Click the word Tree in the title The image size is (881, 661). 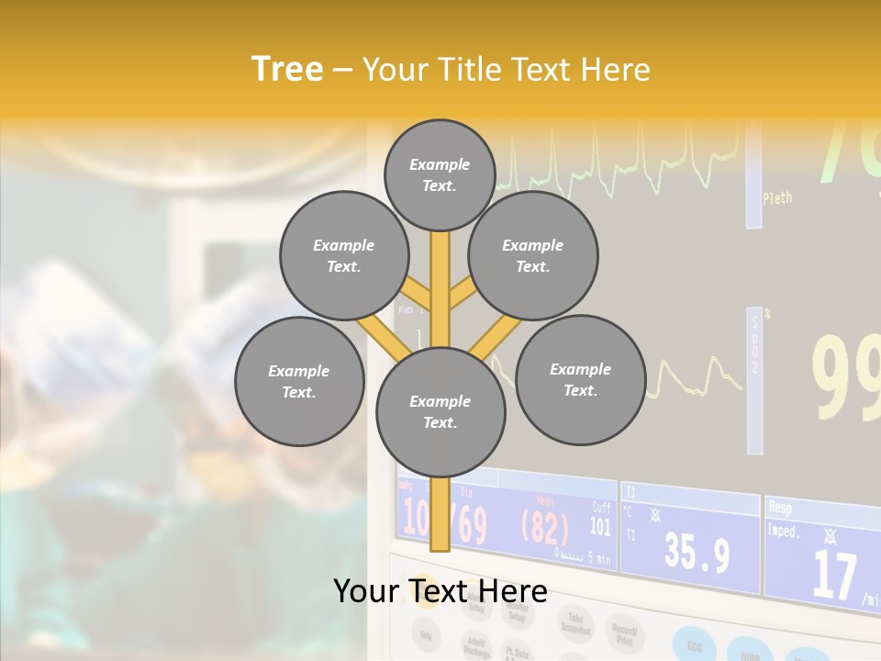click(x=287, y=69)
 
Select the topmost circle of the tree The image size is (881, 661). click(x=440, y=174)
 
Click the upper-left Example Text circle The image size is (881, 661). click(x=343, y=256)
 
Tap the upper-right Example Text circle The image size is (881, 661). click(x=533, y=256)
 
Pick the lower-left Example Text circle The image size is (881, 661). click(x=299, y=382)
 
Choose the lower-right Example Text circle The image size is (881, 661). click(x=580, y=379)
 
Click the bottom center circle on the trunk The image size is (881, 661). click(x=440, y=412)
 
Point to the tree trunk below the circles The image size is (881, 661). click(x=440, y=514)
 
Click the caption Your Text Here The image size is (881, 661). click(x=440, y=591)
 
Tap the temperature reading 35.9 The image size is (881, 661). click(x=697, y=554)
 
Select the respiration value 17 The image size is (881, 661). click(x=834, y=576)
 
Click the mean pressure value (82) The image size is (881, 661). click(x=545, y=528)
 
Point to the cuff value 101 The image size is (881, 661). click(x=600, y=527)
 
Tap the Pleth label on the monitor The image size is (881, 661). click(x=777, y=197)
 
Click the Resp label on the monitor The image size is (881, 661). click(x=780, y=506)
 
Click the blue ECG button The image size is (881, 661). click(x=694, y=642)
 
